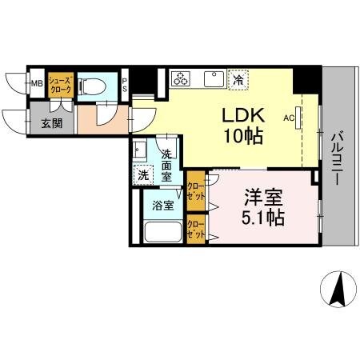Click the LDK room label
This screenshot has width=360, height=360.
(237, 115)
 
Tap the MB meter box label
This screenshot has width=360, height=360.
(37, 82)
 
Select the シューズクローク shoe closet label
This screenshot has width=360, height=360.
(60, 84)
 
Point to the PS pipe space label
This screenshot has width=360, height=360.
(125, 82)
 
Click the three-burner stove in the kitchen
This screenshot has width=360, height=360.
(182, 78)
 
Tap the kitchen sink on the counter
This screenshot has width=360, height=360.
(213, 78)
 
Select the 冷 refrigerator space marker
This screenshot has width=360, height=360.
(238, 79)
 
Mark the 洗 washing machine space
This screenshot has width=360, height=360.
(142, 174)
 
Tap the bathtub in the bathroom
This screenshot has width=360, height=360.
(162, 232)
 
